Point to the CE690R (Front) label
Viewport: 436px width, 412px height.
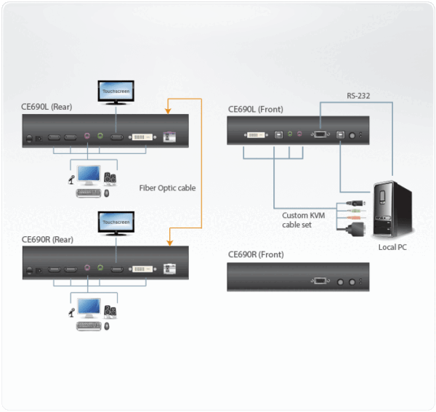256,254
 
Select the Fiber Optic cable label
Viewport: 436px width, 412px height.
167,187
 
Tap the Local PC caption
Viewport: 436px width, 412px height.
393,247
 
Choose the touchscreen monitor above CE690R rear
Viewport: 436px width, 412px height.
116,222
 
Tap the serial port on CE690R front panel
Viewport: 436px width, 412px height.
319,280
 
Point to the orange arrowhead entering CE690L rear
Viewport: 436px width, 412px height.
168,111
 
